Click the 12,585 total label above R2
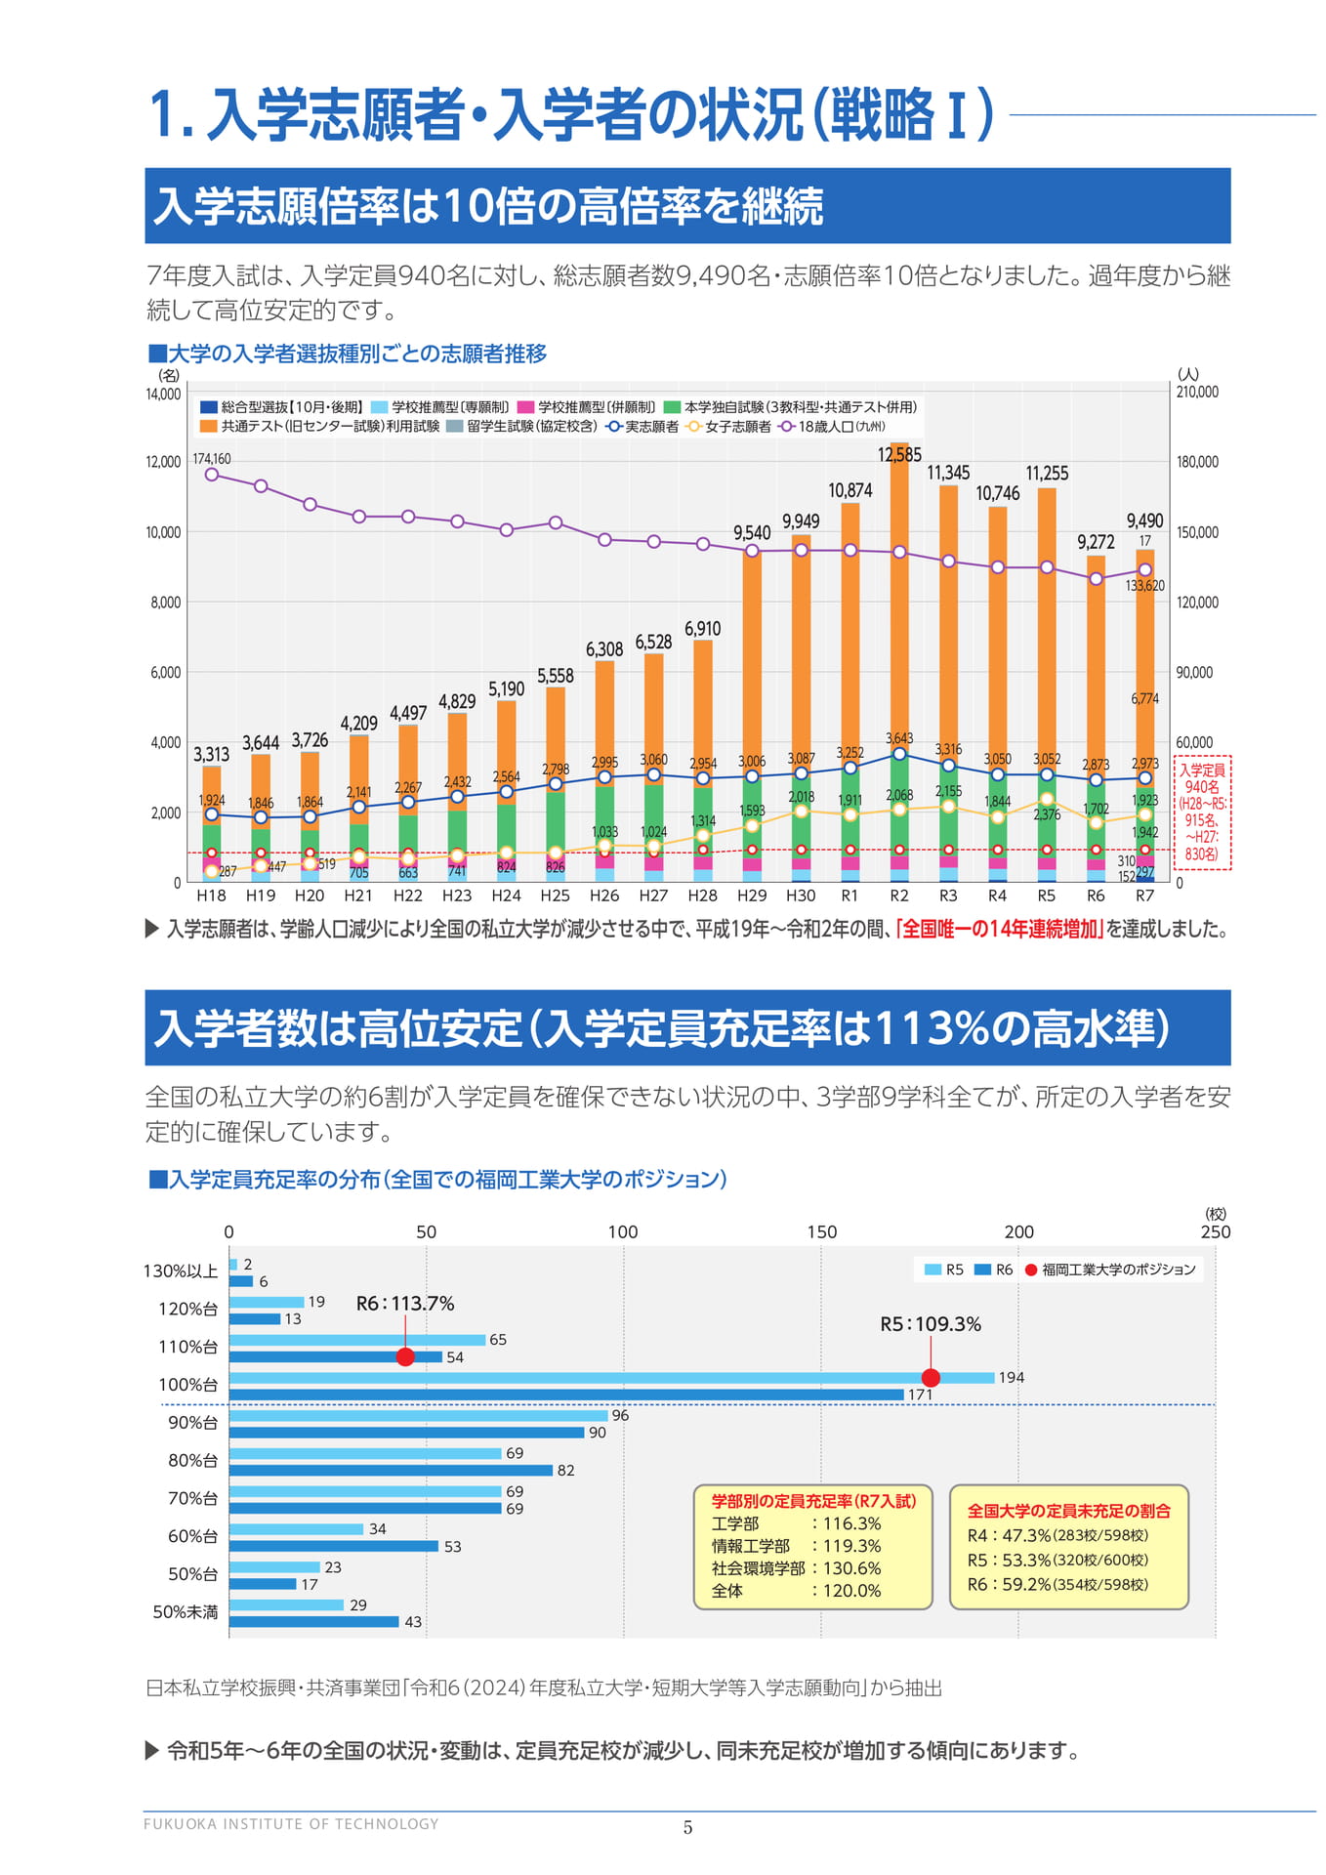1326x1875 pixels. click(x=898, y=455)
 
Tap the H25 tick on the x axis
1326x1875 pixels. click(x=555, y=896)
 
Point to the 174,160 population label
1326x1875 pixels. click(x=212, y=458)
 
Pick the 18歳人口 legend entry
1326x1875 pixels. click(x=832, y=427)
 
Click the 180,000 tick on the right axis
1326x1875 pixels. click(x=1197, y=462)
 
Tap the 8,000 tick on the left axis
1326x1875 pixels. click(x=165, y=603)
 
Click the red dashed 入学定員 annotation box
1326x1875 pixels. click(x=1202, y=812)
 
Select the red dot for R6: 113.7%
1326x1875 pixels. click(x=405, y=1356)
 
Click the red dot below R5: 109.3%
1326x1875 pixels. click(x=931, y=1378)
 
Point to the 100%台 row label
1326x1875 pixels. click(x=188, y=1385)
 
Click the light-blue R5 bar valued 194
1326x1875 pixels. click(x=611, y=1378)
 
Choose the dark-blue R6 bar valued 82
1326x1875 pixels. click(x=391, y=1471)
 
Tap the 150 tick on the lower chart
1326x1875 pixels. click(x=821, y=1231)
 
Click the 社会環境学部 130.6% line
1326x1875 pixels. click(x=796, y=1568)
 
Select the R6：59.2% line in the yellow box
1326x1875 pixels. click(x=1057, y=1584)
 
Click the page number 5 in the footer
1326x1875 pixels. click(x=687, y=1827)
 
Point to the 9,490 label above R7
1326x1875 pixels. click(x=1144, y=521)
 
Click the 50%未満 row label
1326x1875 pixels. click(x=186, y=1611)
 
